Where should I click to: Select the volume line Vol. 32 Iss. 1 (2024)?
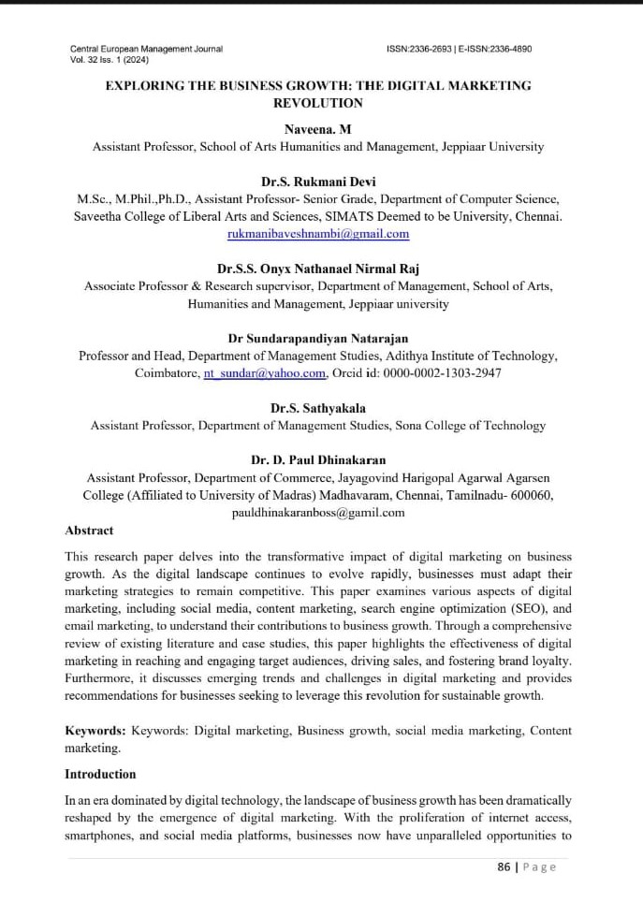tap(110, 60)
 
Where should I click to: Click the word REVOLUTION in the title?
tap(317, 103)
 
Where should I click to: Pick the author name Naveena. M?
tap(317, 129)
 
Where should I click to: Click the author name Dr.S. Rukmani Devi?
tap(317, 182)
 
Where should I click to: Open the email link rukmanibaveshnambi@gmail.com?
tap(318, 234)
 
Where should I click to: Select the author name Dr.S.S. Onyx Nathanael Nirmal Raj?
tap(317, 269)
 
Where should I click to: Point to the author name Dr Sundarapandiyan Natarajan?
tap(317, 338)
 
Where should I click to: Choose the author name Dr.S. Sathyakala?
tap(317, 408)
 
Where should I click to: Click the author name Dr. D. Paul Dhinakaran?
tap(317, 459)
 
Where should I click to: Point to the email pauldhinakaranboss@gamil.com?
tap(318, 513)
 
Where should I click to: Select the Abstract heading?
tap(89, 531)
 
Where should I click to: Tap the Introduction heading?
tap(100, 774)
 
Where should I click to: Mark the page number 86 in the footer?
tap(504, 866)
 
